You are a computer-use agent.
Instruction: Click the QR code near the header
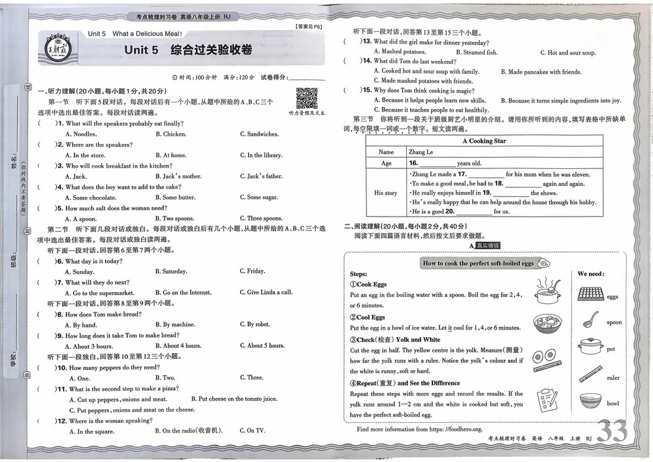[x=306, y=98]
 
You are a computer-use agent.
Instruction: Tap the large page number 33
[x=612, y=432]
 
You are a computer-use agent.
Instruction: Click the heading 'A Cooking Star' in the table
[x=484, y=141]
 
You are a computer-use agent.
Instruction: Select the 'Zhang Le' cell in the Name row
[x=421, y=152]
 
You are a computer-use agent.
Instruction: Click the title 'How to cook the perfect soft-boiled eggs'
[x=478, y=264]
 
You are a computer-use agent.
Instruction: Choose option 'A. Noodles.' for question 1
[x=81, y=134]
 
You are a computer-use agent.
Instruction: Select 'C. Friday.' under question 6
[x=252, y=271]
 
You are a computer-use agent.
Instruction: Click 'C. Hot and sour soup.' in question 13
[x=567, y=53]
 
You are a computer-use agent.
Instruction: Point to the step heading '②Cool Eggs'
[x=368, y=317]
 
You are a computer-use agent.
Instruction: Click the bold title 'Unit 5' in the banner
[x=141, y=50]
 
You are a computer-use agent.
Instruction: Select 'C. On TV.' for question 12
[x=252, y=431]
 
